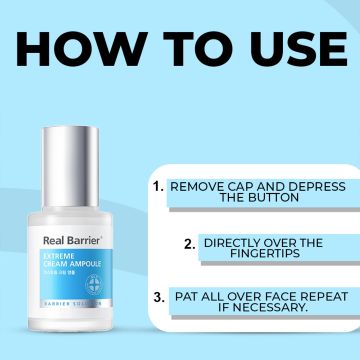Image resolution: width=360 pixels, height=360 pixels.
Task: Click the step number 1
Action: pos(157,186)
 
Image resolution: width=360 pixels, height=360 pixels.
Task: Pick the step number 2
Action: pos(189,243)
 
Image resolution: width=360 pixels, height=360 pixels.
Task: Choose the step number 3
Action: pos(158,296)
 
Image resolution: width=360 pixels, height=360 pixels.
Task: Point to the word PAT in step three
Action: pos(185,296)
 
